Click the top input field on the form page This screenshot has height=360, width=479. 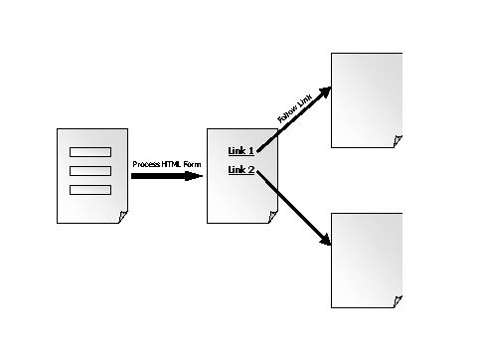pos(90,152)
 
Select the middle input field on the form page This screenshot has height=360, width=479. pos(90,171)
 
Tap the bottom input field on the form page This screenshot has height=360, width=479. pos(90,190)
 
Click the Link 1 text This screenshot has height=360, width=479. pos(241,151)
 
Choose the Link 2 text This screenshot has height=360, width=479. pos(241,170)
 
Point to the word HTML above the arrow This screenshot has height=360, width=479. pos(171,164)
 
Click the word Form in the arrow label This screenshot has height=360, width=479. pos(192,164)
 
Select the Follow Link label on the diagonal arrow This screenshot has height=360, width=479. pos(294,108)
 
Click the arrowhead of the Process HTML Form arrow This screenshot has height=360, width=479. pos(194,176)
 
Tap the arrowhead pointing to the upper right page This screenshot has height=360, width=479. pos(325,91)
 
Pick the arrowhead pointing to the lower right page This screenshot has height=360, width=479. pos(325,240)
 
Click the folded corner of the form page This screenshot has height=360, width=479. pos(123,217)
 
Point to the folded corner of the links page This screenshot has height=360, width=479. pos(273,217)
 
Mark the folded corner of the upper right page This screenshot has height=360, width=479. pos(398,141)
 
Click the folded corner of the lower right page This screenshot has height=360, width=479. pos(398,301)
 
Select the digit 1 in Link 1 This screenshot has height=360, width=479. pos(250,151)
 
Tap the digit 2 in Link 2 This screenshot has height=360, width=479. pos(250,170)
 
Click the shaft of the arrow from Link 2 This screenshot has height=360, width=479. pos(289,205)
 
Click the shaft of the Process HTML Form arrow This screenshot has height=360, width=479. pos(158,176)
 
